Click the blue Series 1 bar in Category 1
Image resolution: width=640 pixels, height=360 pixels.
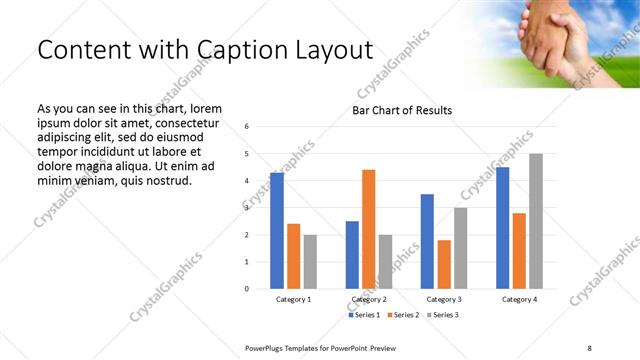(x=277, y=231)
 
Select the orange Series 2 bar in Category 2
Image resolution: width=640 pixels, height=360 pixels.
(x=368, y=229)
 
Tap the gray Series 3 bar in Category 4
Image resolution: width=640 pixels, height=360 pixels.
(x=536, y=221)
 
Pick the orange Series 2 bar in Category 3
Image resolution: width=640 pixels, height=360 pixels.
(x=444, y=264)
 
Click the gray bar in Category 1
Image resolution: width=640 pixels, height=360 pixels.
(x=310, y=262)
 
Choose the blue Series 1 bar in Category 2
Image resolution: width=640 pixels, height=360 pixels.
(x=352, y=255)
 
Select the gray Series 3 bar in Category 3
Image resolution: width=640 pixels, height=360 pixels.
(x=460, y=248)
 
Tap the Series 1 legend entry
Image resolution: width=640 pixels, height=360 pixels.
(x=365, y=315)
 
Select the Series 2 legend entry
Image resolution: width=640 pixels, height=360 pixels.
(x=402, y=315)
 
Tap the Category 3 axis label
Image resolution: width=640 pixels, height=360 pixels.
(x=444, y=299)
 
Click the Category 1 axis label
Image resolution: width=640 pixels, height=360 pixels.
(x=293, y=299)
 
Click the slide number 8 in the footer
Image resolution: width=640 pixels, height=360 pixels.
(x=589, y=346)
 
